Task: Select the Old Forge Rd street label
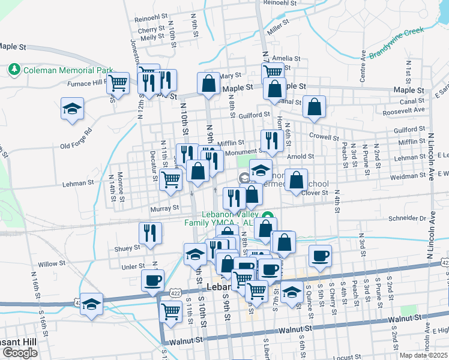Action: click(x=76, y=139)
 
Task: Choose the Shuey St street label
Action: click(x=127, y=247)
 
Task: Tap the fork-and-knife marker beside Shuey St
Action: click(x=150, y=233)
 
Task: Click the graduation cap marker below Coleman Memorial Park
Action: click(x=73, y=109)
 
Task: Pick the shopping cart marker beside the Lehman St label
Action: click(x=171, y=178)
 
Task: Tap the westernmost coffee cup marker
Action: click(x=152, y=280)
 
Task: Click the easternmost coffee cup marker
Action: click(x=320, y=256)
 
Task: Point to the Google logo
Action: click(x=19, y=353)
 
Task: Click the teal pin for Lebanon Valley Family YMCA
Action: click(x=270, y=217)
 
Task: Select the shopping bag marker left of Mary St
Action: click(x=208, y=84)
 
